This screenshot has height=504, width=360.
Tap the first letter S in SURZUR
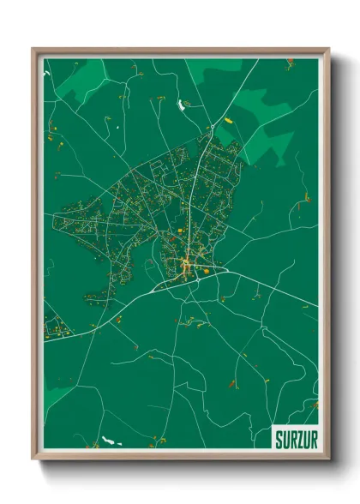tap(278, 439)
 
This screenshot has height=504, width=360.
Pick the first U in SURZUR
tap(284, 439)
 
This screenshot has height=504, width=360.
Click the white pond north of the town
tap(182, 105)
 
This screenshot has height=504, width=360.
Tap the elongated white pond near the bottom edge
tap(109, 441)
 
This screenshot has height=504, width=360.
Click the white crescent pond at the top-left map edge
tap(48, 75)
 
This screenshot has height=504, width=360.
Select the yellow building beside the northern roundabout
tap(229, 121)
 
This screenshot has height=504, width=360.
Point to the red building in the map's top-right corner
tap(291, 60)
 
